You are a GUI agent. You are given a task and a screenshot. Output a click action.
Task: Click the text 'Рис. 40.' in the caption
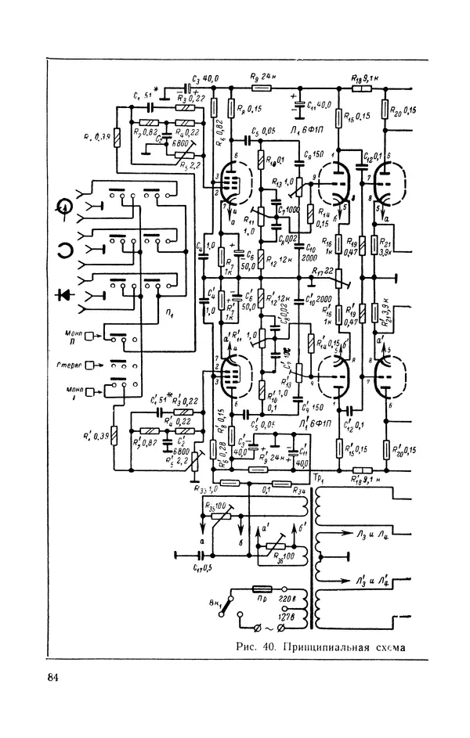click(x=256, y=646)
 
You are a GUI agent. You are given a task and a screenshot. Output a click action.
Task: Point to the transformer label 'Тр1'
click(x=318, y=478)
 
